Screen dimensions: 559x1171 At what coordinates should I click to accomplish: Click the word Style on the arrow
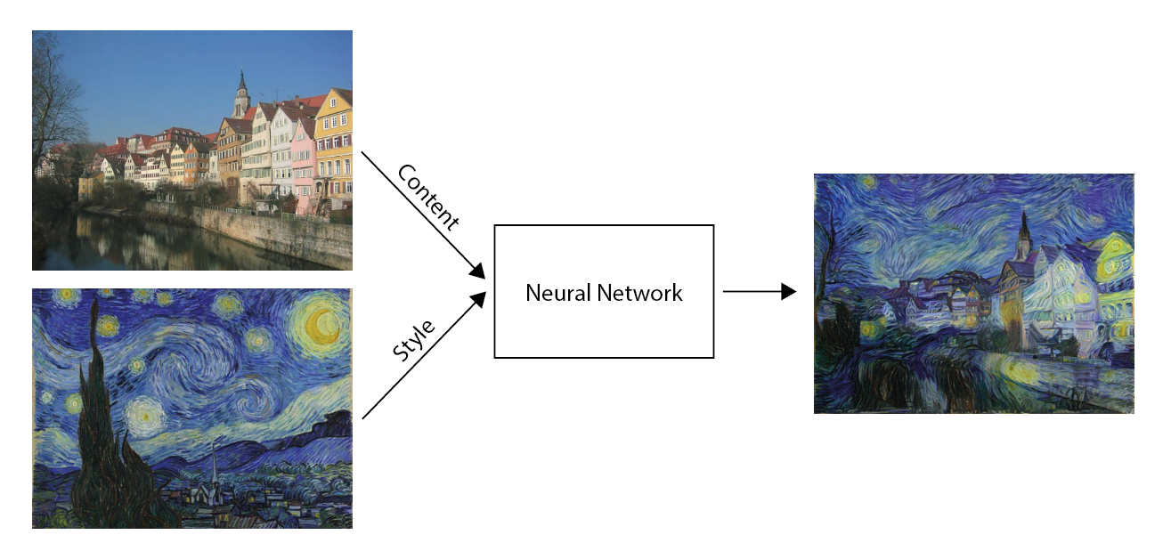tap(414, 340)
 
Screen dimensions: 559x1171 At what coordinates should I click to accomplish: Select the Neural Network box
tap(604, 291)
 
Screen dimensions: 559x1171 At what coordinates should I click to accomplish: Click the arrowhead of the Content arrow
tap(478, 271)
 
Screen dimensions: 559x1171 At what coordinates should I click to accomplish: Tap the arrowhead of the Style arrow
tap(478, 300)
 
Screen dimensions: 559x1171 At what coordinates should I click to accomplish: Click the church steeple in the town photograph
tap(241, 93)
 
